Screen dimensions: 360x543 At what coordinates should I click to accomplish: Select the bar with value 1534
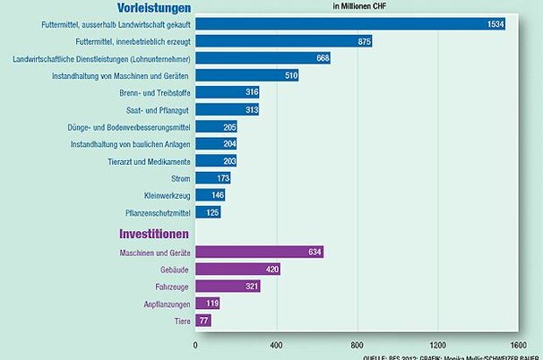349,24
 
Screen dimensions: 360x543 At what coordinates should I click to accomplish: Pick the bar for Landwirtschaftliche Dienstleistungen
262,58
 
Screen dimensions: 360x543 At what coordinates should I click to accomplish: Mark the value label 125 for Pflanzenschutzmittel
211,212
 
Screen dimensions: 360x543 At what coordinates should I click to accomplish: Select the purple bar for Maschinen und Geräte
259,252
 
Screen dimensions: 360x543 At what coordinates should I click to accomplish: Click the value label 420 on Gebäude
271,269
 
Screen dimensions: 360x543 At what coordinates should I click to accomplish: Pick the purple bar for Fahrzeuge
228,286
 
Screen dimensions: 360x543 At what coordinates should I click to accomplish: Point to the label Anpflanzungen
165,303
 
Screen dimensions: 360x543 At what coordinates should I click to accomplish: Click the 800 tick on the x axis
358,343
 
